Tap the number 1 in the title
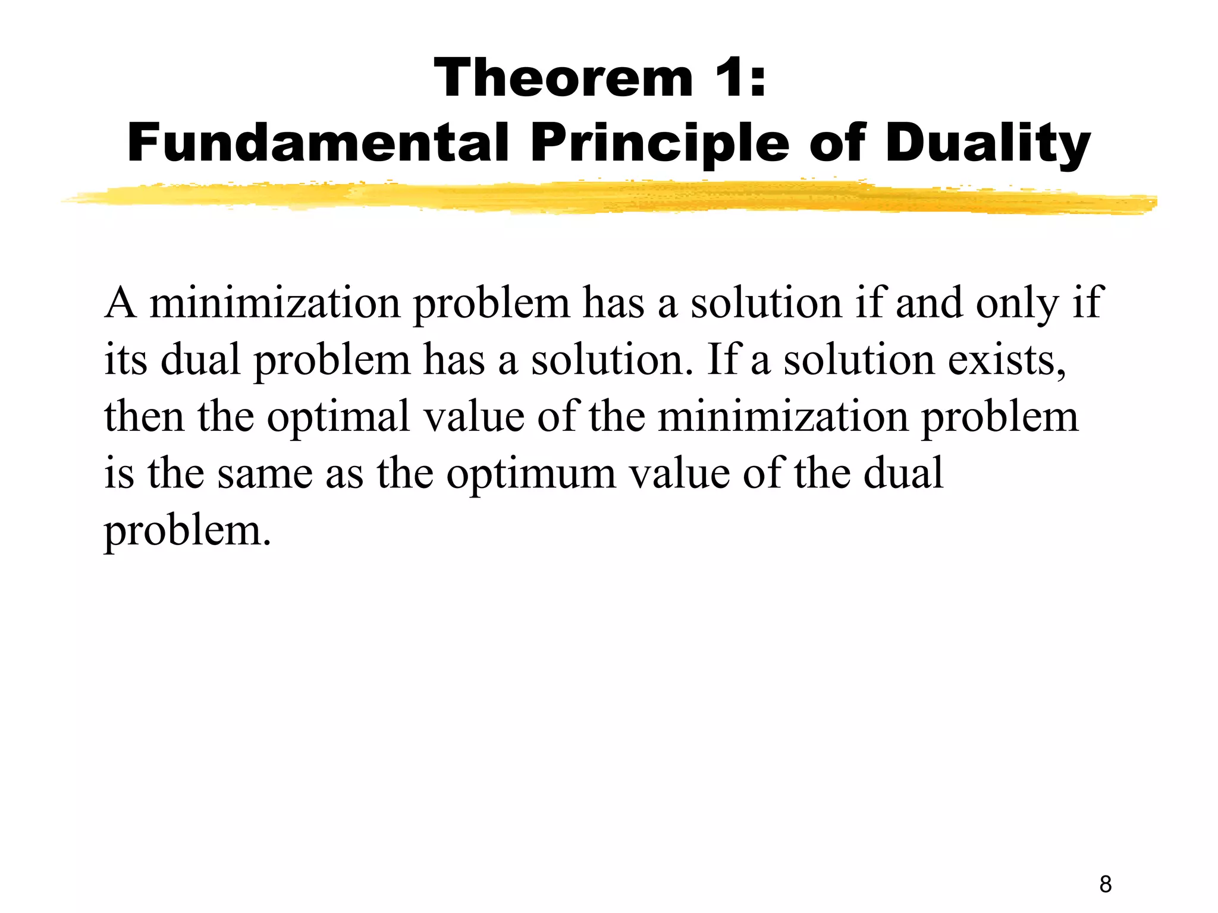pyautogui.click(x=729, y=78)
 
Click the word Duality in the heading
pyautogui.click(x=988, y=144)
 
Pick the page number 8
pyautogui.click(x=1105, y=884)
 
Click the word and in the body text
pyautogui.click(x=929, y=303)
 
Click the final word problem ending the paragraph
pyautogui.click(x=187, y=530)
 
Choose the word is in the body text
pyautogui.click(x=119, y=473)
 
